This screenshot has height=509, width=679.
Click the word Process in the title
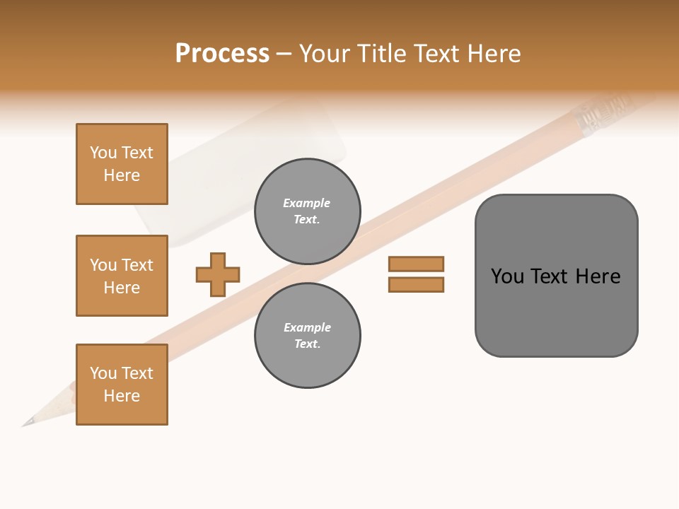(222, 54)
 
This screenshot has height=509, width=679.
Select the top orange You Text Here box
(122, 164)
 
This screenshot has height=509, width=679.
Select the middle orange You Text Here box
(122, 276)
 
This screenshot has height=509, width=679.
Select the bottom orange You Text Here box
(122, 385)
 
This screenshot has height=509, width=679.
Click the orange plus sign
(218, 274)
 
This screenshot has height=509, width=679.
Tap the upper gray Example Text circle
(308, 211)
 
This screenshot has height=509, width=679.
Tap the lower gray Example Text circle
(308, 336)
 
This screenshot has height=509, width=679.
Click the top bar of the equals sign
(416, 264)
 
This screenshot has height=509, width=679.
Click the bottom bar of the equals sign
(416, 285)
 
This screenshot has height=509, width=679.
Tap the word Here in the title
(492, 54)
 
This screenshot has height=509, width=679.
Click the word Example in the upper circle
(306, 203)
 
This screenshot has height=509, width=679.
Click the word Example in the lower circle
(307, 327)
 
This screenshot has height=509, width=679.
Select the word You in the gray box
(507, 276)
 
